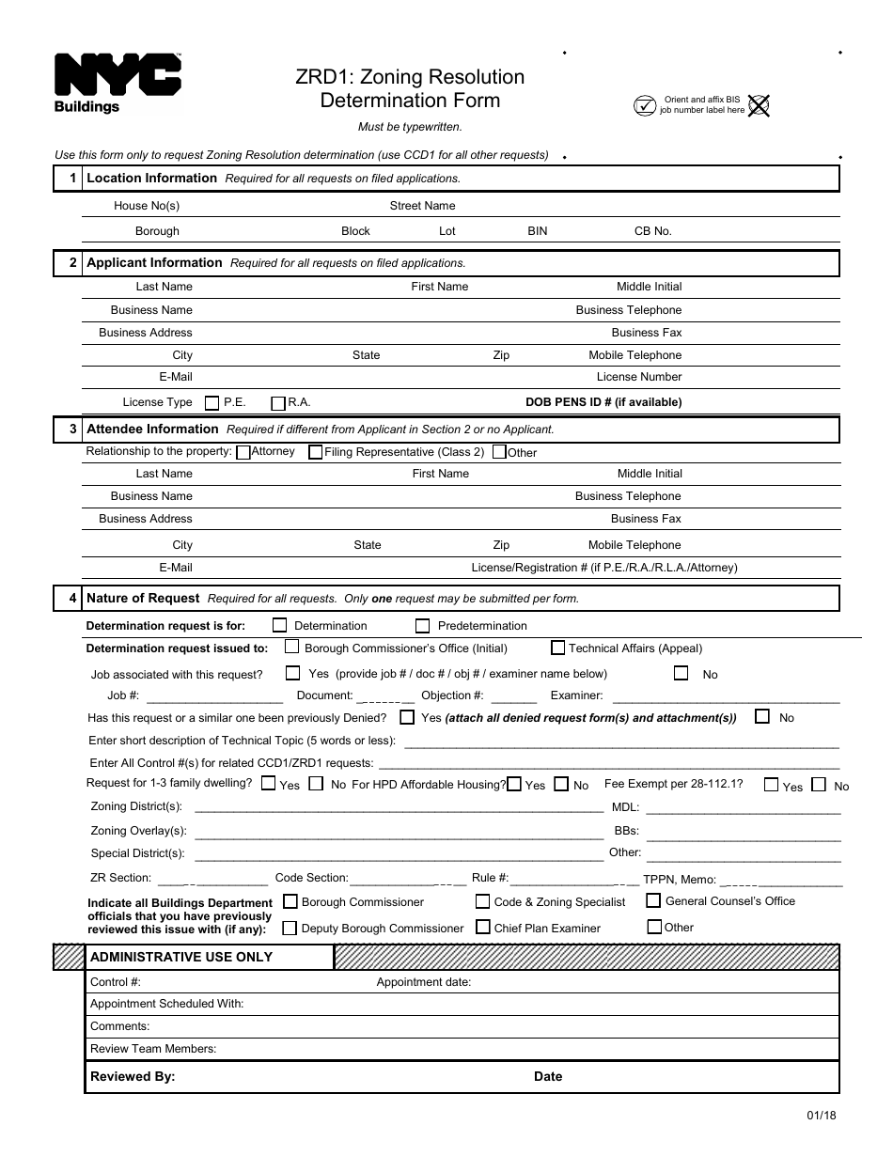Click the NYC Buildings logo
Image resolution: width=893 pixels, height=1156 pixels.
pyautogui.click(x=117, y=83)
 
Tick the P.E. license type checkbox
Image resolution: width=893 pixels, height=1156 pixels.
pyautogui.click(x=211, y=403)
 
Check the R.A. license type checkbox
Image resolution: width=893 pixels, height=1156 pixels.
pyautogui.click(x=278, y=403)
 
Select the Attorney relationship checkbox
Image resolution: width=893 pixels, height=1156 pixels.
pyautogui.click(x=243, y=452)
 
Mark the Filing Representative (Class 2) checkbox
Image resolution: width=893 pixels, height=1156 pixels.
pyautogui.click(x=315, y=452)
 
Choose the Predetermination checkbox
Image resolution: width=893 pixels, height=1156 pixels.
pyautogui.click(x=422, y=626)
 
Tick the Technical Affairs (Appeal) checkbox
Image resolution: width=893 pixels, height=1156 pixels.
pyautogui.click(x=558, y=648)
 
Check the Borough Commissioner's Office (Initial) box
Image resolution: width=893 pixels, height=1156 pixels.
pyautogui.click(x=292, y=647)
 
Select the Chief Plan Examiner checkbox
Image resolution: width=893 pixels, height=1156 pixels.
pyautogui.click(x=483, y=927)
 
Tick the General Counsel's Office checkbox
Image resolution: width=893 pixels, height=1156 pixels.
pyautogui.click(x=653, y=900)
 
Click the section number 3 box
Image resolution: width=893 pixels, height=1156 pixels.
pyautogui.click(x=69, y=430)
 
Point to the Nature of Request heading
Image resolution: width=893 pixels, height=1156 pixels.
pyautogui.click(x=143, y=598)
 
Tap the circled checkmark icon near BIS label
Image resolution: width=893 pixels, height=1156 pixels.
pyautogui.click(x=644, y=105)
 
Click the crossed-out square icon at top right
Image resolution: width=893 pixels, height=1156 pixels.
pyautogui.click(x=759, y=105)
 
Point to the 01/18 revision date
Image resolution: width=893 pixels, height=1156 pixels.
pyautogui.click(x=821, y=1116)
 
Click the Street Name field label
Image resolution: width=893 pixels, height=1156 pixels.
pyautogui.click(x=422, y=206)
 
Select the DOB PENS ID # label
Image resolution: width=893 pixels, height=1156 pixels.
pyautogui.click(x=603, y=402)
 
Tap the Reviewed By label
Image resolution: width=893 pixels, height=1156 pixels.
pyautogui.click(x=133, y=1077)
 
